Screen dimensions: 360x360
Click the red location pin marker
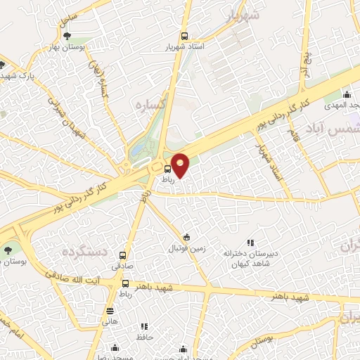180,164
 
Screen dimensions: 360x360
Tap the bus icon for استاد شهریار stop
184,35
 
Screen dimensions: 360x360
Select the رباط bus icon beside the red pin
167,169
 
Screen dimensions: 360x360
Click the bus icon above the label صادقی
124,256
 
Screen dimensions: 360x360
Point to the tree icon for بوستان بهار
67,35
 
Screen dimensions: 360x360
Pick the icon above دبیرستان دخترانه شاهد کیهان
251,243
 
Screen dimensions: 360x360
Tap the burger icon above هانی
110,310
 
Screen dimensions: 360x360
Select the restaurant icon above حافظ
144,326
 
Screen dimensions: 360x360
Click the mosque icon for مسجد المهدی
346,95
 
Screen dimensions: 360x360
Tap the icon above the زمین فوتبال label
186,237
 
